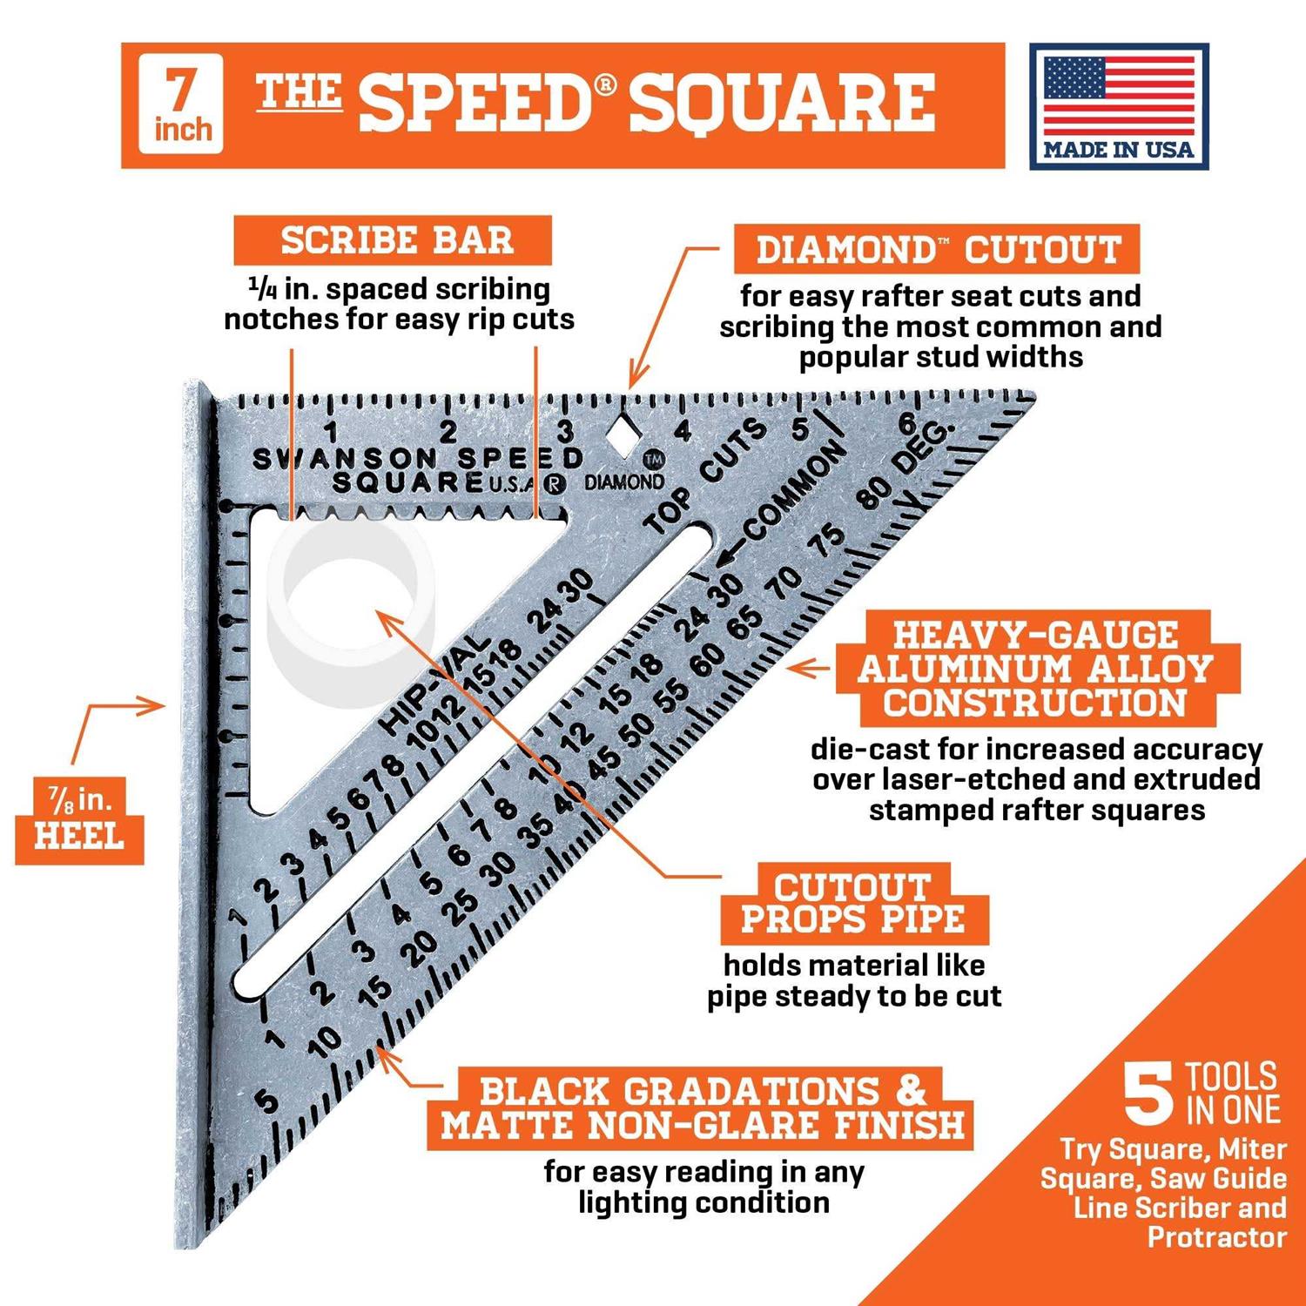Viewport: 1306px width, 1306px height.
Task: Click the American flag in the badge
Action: click(x=1119, y=95)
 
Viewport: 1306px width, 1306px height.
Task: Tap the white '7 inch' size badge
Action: click(x=181, y=104)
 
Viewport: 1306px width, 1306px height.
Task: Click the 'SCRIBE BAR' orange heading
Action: click(x=394, y=240)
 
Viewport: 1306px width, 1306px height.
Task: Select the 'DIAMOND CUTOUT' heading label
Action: click(x=937, y=250)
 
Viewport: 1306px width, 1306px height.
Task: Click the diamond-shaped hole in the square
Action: click(x=621, y=435)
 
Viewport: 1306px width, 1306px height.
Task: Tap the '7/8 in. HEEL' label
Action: click(x=79, y=820)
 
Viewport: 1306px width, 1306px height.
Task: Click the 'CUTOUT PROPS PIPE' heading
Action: click(x=853, y=904)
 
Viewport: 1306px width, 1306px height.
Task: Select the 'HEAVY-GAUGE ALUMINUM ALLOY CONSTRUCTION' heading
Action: click(x=1036, y=669)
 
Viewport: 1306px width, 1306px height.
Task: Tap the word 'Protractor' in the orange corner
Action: click(x=1217, y=1237)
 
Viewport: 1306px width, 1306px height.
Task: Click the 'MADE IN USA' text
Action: click(x=1119, y=150)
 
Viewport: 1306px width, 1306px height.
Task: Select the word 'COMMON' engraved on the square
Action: click(x=793, y=492)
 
